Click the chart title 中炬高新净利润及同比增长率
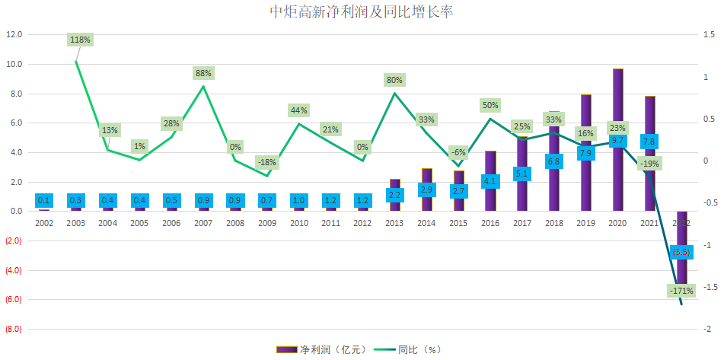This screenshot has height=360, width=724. pos(362,13)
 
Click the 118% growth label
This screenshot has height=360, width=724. pos(80,40)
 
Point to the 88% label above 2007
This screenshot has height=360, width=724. pos(203,74)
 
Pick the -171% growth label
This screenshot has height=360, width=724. pos(681,291)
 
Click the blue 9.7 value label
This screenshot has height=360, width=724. pos(618,141)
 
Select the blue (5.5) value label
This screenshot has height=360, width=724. pos(682,253)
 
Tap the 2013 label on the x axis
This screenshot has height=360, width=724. pos(395,223)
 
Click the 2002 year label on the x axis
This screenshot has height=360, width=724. pos(44,223)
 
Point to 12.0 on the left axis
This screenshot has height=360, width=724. pos(14,35)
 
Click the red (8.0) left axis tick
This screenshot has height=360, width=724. pos(14,329)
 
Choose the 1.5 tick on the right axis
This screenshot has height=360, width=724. pos(709,35)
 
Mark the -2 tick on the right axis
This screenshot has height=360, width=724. pos(708,329)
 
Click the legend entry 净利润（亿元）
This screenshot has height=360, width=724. pos(322,349)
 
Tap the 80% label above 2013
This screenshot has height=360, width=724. pos(394,80)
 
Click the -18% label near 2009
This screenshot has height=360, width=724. pos(266,162)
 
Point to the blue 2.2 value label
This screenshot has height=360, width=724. pos(394,195)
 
